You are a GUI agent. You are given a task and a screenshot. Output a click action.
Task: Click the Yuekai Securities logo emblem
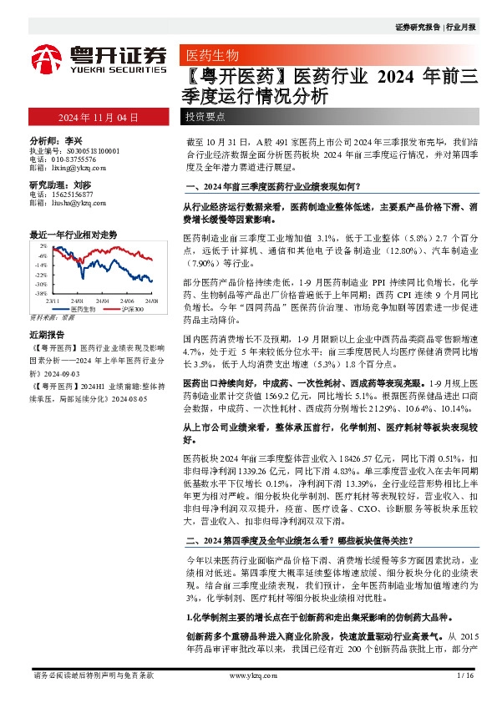[x=48, y=58]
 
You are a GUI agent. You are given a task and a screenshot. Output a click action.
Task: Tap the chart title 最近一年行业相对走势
[x=74, y=235]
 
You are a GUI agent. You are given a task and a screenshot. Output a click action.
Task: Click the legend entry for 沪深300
[x=127, y=309]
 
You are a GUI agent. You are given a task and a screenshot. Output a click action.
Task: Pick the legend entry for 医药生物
[x=81, y=309]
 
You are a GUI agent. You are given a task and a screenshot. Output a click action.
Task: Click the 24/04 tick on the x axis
[x=103, y=301]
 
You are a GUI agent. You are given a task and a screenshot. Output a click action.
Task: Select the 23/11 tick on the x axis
[x=53, y=301]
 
